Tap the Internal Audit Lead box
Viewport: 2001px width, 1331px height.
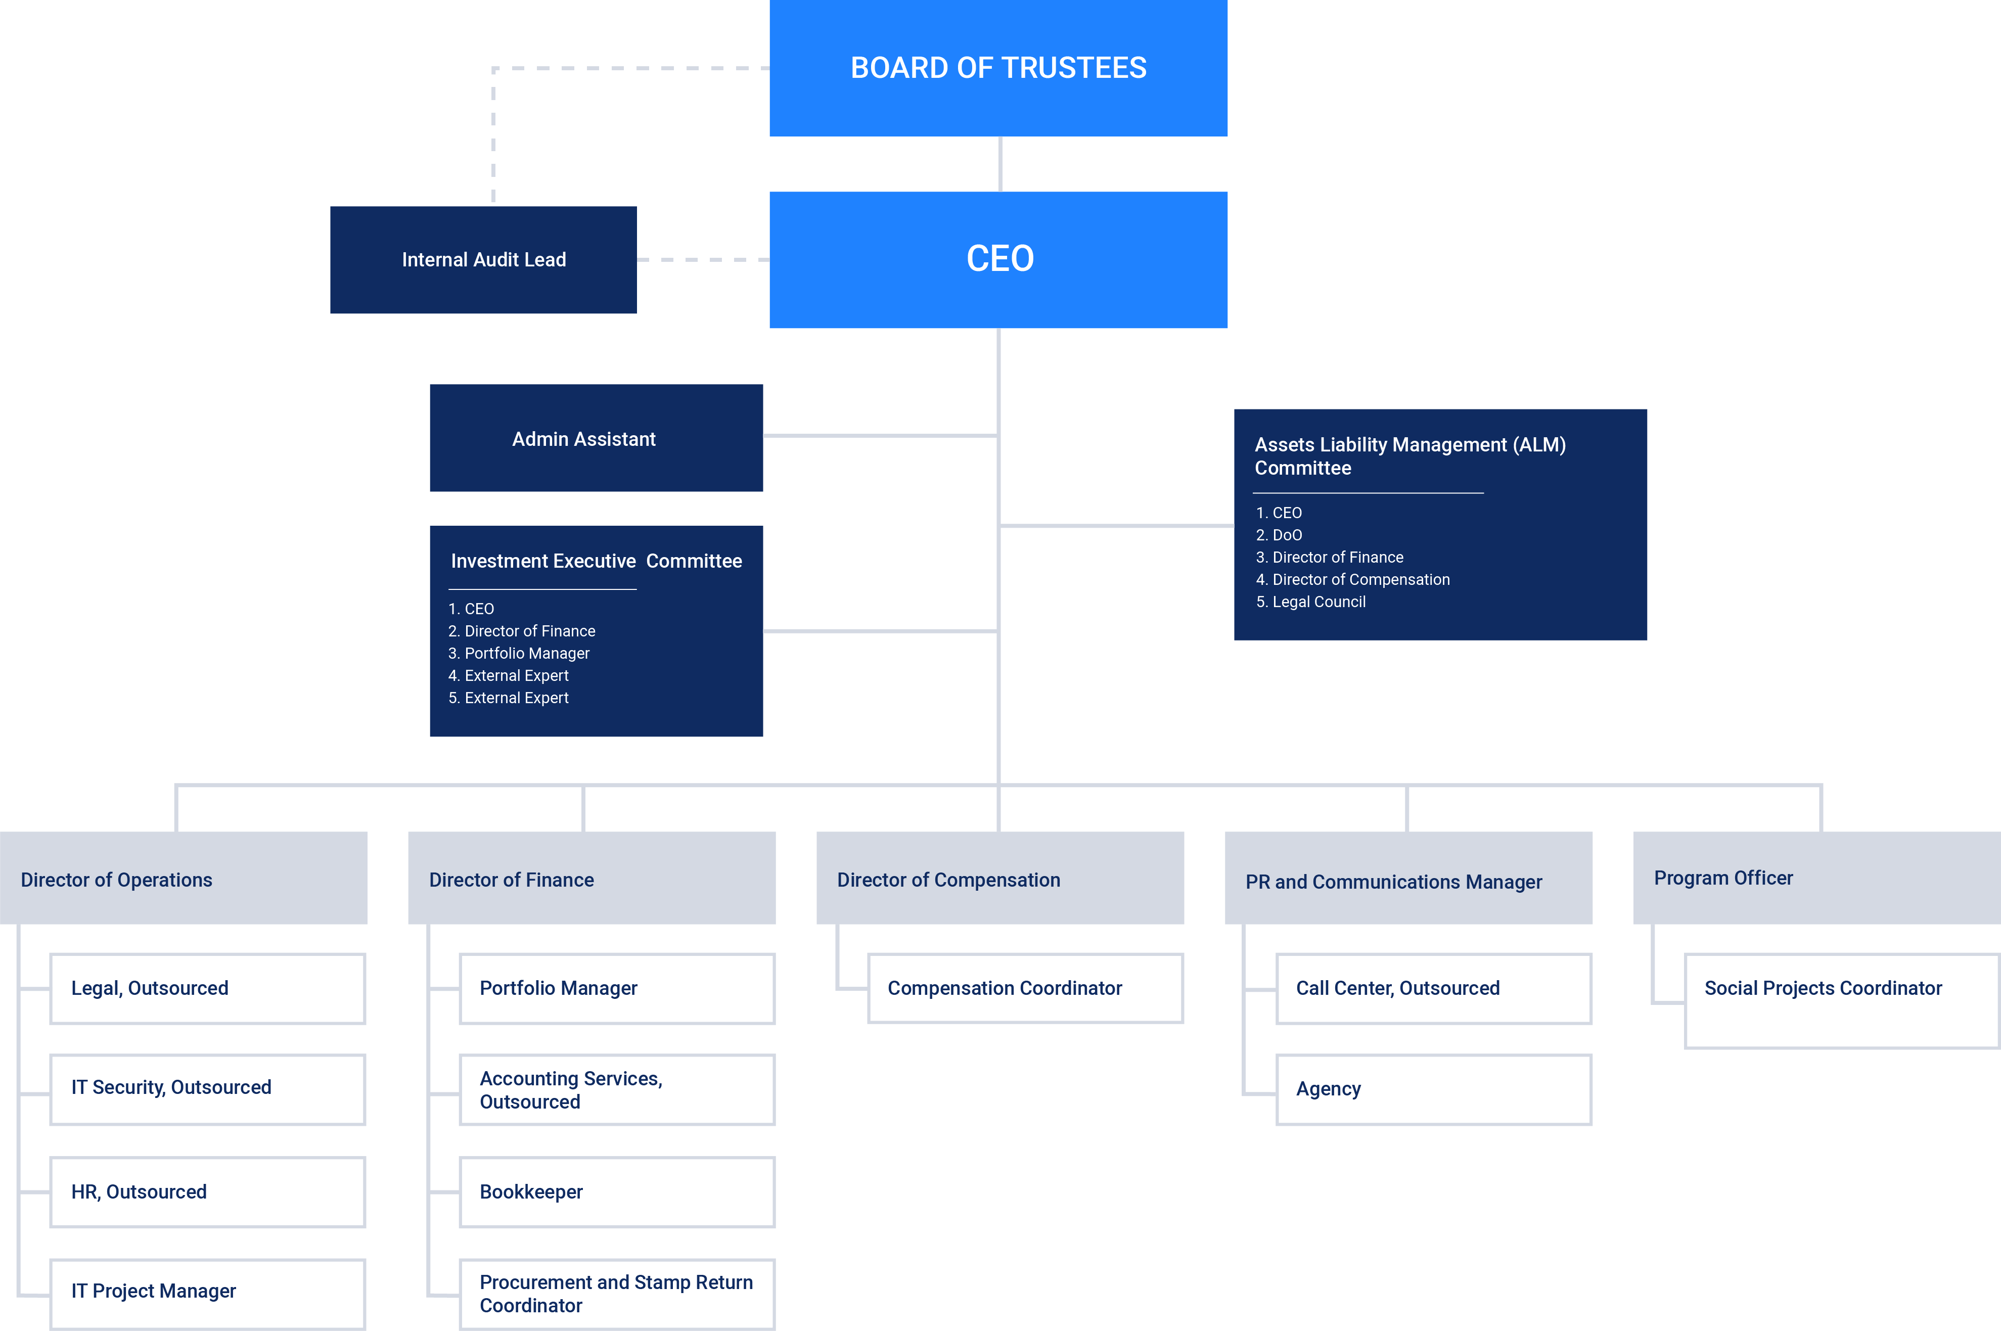coord(483,260)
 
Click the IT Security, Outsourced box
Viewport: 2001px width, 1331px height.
coord(207,1089)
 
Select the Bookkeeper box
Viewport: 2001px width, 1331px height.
coord(616,1192)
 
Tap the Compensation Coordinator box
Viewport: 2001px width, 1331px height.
coord(1025,988)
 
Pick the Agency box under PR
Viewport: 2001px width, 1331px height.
coord(1433,1089)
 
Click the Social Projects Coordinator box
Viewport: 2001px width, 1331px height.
coord(1841,1000)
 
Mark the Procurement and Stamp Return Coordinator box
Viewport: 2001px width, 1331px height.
coord(616,1294)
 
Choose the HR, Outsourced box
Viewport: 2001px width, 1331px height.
coord(207,1192)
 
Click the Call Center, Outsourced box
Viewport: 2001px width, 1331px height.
coord(1433,988)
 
